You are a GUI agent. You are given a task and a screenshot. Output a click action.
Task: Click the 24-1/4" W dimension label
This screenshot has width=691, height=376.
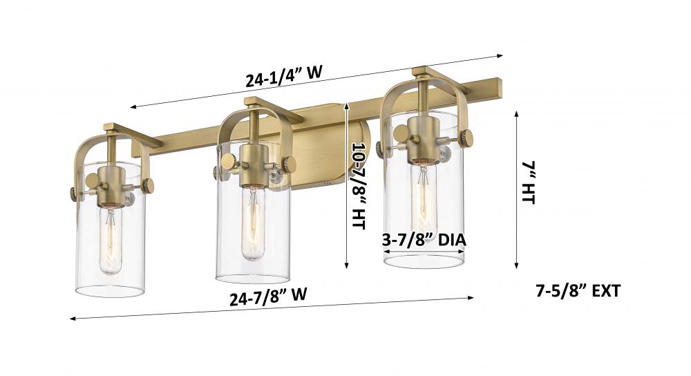click(x=284, y=76)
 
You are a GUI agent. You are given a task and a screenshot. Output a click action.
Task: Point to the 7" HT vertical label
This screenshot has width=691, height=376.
click(x=529, y=182)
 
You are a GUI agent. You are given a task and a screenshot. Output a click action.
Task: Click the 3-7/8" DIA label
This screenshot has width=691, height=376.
click(x=424, y=240)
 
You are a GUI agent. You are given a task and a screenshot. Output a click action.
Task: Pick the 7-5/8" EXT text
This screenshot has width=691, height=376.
click(x=578, y=291)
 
